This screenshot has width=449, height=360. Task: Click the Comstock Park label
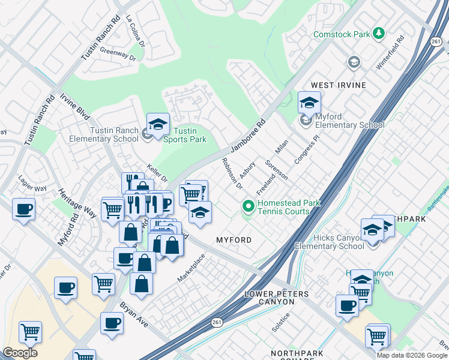click(342, 34)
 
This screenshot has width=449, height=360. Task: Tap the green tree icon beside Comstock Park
click(379, 33)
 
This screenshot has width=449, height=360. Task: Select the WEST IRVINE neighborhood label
click(338, 85)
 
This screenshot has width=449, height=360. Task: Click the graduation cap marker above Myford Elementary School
click(309, 103)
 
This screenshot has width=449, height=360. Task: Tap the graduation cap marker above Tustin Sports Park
click(158, 125)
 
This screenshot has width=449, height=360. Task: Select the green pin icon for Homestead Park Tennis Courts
click(248, 207)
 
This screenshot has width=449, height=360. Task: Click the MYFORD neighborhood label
click(234, 240)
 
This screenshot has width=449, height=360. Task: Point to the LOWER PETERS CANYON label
click(277, 298)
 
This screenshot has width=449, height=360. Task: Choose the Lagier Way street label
click(32, 188)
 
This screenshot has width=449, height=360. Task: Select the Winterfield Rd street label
click(390, 53)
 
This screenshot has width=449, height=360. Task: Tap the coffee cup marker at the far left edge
click(23, 209)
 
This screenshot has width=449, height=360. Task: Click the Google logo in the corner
click(20, 353)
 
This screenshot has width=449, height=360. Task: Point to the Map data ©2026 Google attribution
click(412, 355)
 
